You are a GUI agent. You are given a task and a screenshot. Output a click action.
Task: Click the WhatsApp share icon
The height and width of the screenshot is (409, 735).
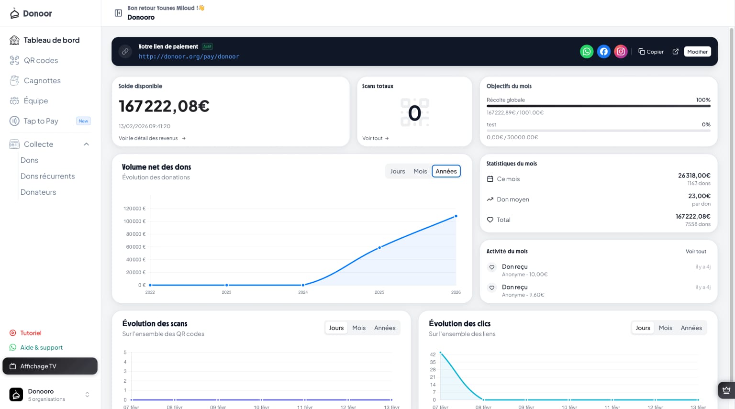click(587, 52)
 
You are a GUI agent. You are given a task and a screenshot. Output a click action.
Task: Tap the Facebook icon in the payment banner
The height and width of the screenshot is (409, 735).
click(604, 52)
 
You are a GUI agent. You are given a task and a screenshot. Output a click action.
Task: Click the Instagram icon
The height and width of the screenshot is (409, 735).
click(621, 52)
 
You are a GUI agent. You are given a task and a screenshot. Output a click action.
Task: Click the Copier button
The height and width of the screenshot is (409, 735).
click(651, 52)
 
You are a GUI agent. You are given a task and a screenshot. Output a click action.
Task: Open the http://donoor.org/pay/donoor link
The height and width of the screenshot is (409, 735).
click(189, 56)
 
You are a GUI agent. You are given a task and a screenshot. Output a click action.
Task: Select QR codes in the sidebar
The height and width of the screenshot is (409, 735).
click(41, 60)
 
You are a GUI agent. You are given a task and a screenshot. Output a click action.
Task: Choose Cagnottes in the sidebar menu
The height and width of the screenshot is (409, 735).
click(42, 81)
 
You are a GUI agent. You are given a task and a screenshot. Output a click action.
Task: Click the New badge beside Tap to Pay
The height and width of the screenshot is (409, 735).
click(83, 121)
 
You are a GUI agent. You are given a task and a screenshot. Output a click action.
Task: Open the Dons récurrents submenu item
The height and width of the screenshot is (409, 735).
click(47, 176)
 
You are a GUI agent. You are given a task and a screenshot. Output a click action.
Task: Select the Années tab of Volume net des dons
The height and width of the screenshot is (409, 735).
click(446, 171)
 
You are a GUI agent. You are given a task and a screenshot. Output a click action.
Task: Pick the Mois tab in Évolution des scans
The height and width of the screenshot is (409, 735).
click(358, 328)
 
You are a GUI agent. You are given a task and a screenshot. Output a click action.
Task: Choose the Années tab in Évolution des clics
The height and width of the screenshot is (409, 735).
click(691, 328)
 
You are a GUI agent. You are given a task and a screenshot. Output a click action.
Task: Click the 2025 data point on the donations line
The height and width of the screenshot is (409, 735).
click(379, 247)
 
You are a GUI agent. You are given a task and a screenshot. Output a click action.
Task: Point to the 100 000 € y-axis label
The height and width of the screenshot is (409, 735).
click(134, 221)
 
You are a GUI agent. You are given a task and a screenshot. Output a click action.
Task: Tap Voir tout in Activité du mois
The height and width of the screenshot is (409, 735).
click(695, 252)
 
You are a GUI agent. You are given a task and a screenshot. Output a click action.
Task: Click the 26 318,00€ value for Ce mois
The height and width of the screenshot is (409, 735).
click(694, 176)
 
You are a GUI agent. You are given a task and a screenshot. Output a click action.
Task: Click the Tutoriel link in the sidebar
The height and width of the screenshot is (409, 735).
click(31, 333)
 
